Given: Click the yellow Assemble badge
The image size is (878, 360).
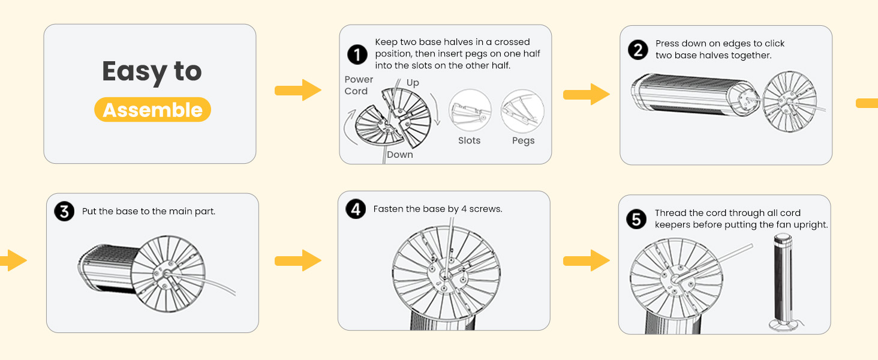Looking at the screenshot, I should pyautogui.click(x=152, y=110).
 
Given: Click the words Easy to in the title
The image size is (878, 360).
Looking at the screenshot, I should pyautogui.click(x=152, y=71).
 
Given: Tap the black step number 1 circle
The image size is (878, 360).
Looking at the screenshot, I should pyautogui.click(x=357, y=55).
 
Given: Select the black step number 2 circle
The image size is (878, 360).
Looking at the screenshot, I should pyautogui.click(x=638, y=50).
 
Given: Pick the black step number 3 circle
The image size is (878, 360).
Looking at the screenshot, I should pyautogui.click(x=64, y=211).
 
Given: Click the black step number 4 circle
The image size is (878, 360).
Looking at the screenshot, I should pyautogui.click(x=356, y=209).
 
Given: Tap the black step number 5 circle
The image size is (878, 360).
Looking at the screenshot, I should pyautogui.click(x=636, y=219).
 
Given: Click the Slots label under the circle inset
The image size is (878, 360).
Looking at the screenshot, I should pyautogui.click(x=469, y=140).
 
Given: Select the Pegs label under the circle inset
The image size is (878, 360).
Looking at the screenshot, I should pyautogui.click(x=523, y=140).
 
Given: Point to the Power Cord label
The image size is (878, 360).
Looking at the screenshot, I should pyautogui.click(x=359, y=85).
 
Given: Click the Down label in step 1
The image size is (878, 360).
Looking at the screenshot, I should pyautogui.click(x=399, y=155).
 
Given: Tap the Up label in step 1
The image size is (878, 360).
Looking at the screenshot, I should pyautogui.click(x=413, y=83).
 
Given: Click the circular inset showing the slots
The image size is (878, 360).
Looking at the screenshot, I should pyautogui.click(x=470, y=111).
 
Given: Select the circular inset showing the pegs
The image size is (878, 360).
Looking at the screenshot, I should pyautogui.click(x=522, y=111).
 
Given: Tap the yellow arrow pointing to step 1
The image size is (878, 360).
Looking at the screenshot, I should pyautogui.click(x=297, y=90).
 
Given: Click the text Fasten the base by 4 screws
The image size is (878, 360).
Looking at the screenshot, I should pyautogui.click(x=437, y=209).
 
